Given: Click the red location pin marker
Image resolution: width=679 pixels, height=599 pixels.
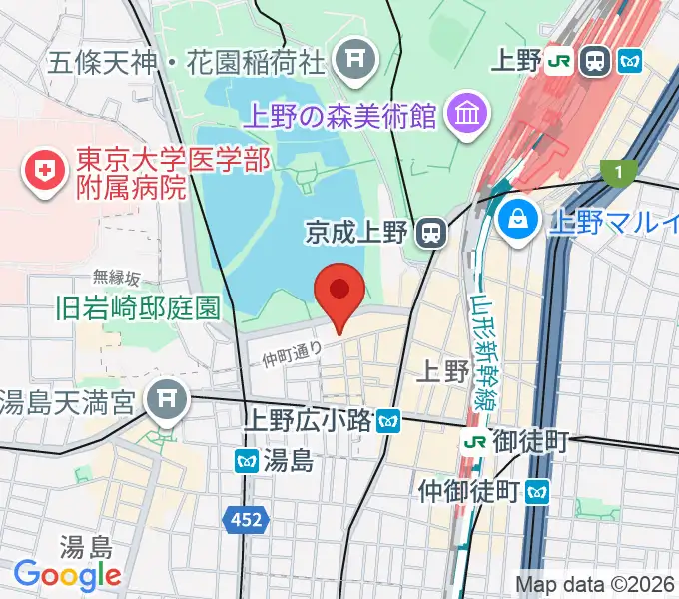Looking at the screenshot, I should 339,293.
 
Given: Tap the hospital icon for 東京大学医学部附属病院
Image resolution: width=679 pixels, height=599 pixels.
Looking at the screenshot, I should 43,171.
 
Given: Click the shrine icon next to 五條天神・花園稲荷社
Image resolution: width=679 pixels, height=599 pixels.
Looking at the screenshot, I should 353,62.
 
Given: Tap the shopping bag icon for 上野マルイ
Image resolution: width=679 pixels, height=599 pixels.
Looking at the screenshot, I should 519,220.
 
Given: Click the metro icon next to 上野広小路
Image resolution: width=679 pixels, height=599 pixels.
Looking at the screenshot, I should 389,421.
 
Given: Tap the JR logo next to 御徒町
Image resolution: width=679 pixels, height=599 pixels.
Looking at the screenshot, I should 475,440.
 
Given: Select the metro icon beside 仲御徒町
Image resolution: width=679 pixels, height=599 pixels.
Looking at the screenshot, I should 538,490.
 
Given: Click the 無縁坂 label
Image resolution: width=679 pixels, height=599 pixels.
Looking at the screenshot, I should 117,277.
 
